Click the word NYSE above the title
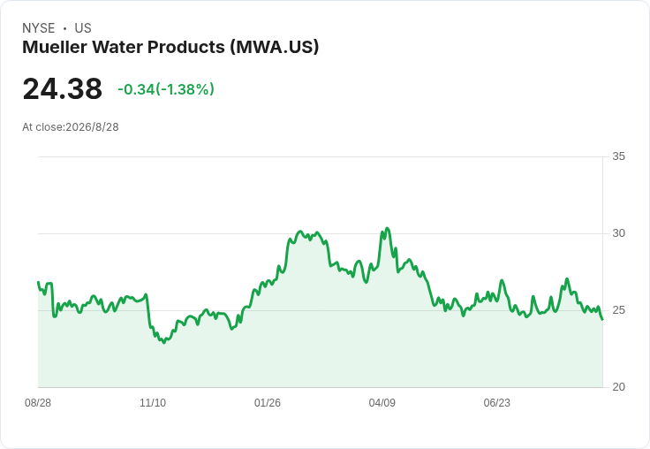(39, 28)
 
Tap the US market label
(83, 28)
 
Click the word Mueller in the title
(54, 47)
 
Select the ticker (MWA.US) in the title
(275, 48)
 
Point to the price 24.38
(62, 88)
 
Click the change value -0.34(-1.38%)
(166, 89)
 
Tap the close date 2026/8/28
(92, 127)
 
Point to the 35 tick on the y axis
(618, 156)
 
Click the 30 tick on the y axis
(618, 233)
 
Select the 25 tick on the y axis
(618, 310)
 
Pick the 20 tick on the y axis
(618, 387)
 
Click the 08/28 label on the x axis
(38, 402)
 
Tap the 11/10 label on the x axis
(153, 402)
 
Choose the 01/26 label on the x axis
(268, 402)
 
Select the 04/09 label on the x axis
(382, 402)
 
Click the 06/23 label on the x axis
(496, 402)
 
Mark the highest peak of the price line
(387, 228)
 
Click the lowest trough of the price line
(164, 343)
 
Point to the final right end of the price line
(602, 319)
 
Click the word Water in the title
(117, 47)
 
